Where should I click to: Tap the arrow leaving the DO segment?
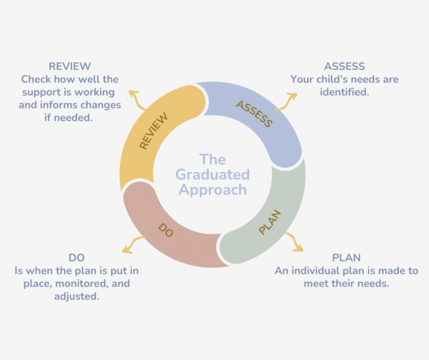[132, 244]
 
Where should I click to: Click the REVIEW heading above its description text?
[70, 67]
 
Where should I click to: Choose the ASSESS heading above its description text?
[345, 67]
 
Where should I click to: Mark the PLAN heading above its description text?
[346, 258]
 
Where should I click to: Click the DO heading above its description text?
[77, 258]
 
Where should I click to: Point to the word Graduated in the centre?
[212, 174]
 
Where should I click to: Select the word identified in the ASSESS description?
[345, 92]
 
